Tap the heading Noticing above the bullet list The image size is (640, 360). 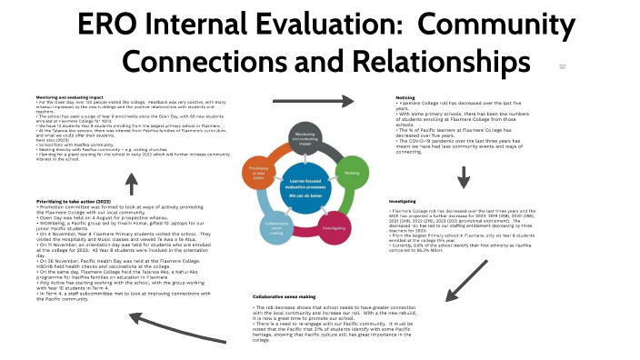405,96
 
